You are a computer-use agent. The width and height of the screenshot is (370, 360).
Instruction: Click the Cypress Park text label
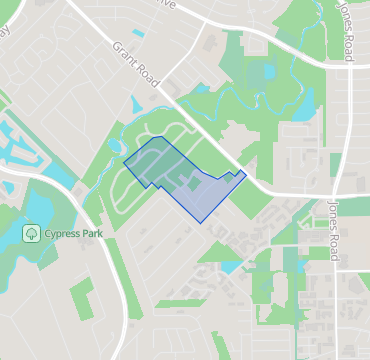point(76,234)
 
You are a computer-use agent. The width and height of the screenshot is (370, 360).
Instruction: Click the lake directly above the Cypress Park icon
point(40,205)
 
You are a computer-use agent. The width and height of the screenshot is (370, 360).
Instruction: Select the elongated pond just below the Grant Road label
point(137,104)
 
